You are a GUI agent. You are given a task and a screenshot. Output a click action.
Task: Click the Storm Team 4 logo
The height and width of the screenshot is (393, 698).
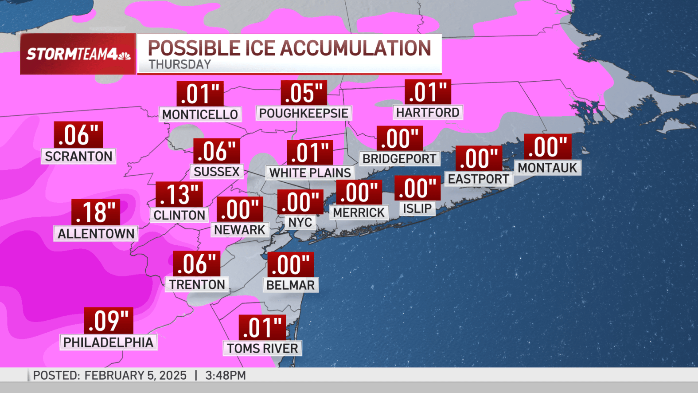(78, 54)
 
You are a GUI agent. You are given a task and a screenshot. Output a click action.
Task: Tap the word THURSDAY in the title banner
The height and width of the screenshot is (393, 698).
(179, 65)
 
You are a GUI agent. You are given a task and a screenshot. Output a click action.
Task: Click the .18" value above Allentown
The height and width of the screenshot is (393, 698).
(96, 212)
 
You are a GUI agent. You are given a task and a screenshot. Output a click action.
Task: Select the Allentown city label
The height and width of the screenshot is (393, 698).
(96, 233)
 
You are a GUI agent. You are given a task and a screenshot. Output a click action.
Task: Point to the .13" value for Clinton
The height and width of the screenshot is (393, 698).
(179, 194)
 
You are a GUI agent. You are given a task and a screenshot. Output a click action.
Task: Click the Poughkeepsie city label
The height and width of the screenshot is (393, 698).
(304, 113)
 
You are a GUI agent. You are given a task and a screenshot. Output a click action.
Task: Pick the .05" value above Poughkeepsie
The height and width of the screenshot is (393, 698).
(304, 93)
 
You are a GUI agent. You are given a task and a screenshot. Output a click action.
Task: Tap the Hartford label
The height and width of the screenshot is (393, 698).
(428, 112)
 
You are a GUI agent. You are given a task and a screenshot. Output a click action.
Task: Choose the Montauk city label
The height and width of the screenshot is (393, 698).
(547, 168)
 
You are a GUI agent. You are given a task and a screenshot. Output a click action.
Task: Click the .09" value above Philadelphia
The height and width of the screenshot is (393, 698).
(109, 320)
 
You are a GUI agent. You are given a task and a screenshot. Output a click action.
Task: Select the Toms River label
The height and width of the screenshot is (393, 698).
(262, 348)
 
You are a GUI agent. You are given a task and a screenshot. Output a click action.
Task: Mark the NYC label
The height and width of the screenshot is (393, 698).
(300, 222)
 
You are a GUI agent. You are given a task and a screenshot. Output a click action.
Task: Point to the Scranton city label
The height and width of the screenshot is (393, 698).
(78, 156)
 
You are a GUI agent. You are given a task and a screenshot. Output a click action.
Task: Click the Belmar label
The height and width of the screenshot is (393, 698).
(290, 285)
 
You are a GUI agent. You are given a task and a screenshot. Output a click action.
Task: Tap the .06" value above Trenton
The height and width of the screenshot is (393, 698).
(196, 263)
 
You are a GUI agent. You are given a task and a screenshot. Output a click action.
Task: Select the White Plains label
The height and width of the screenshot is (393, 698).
(310, 173)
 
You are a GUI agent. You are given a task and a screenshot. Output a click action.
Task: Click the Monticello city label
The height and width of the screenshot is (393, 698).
(200, 114)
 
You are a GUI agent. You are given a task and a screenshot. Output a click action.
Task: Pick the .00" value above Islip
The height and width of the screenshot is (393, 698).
(417, 188)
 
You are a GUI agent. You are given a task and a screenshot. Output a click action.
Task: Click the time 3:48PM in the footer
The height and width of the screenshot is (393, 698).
(225, 375)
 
